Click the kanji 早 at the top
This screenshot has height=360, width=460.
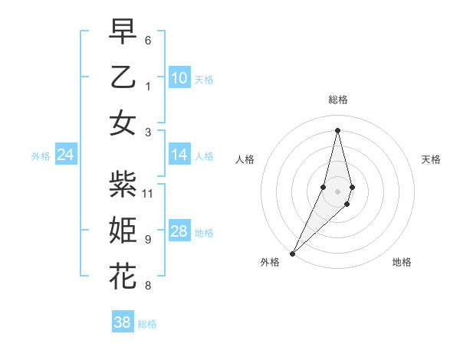(123, 32)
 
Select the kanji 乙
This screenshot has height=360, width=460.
(123, 77)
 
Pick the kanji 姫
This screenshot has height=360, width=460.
(123, 230)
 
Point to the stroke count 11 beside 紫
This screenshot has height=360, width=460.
(149, 193)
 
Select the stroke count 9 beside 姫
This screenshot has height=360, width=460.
(148, 240)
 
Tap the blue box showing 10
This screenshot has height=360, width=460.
(179, 77)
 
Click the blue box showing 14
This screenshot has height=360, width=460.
(179, 155)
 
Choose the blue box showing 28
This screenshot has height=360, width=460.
(179, 231)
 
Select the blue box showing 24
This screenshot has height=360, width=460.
(65, 155)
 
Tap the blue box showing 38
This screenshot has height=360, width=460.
(122, 322)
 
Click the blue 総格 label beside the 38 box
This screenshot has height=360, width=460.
(147, 324)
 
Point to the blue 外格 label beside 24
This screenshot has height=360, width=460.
(41, 156)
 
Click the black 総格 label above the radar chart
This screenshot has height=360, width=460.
(337, 100)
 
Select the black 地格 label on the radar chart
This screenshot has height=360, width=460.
(402, 262)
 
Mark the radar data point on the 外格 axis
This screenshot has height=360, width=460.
(292, 253)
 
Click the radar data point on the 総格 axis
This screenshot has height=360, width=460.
(337, 130)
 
